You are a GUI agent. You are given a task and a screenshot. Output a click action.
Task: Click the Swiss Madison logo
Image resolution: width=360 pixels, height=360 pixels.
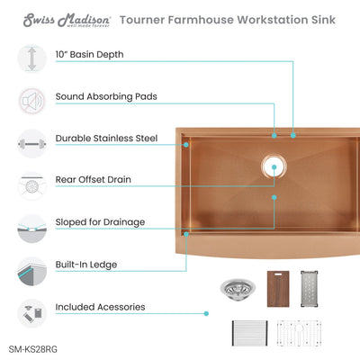(61, 17)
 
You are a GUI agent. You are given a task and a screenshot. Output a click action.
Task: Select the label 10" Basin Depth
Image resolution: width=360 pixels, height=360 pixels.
(90, 55)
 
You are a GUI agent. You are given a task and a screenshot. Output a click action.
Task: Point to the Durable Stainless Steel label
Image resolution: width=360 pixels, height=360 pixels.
(107, 139)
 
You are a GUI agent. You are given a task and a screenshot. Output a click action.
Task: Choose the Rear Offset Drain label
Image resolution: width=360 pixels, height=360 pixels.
(94, 180)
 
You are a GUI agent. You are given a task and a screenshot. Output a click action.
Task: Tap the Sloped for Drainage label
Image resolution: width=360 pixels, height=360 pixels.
(100, 221)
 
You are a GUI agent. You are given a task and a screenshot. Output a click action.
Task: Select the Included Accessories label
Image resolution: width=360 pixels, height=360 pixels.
(100, 307)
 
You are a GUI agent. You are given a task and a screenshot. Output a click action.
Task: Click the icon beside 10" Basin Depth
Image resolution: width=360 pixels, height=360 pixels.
(31, 58)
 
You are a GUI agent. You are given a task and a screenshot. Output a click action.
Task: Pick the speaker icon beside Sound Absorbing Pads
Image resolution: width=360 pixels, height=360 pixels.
(31, 99)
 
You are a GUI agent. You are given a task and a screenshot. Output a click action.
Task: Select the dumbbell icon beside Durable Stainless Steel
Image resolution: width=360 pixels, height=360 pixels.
(31, 140)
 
